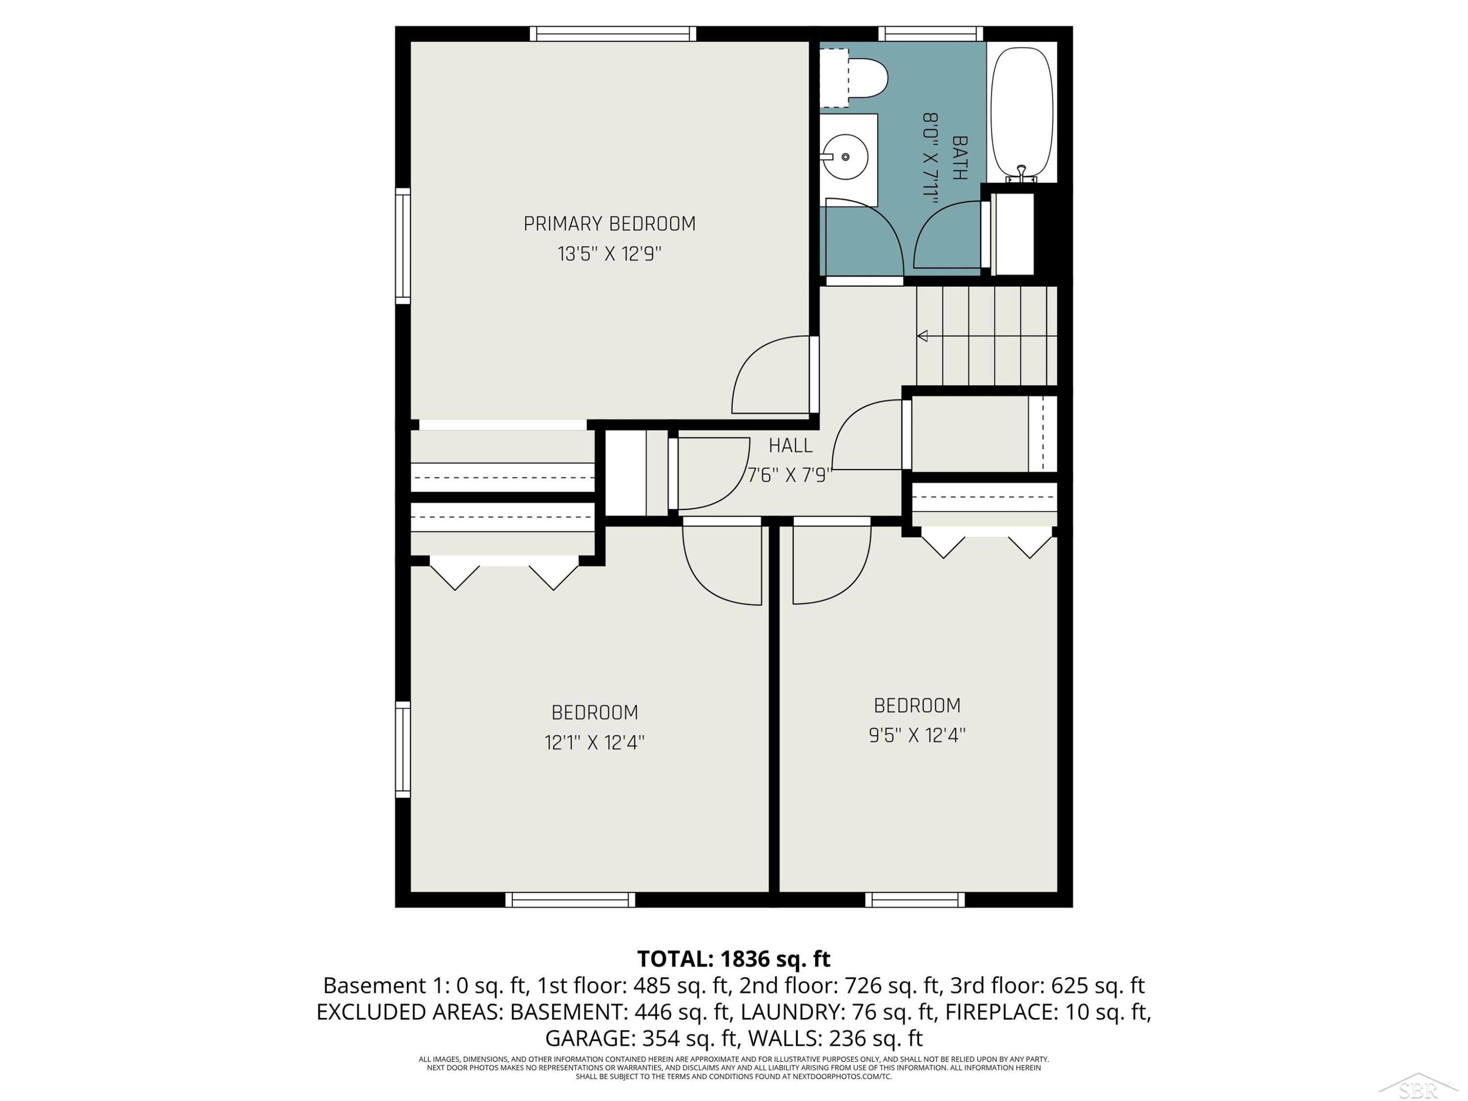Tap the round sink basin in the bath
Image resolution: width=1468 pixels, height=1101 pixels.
point(845,157)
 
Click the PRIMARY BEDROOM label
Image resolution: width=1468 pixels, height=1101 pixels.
point(609,224)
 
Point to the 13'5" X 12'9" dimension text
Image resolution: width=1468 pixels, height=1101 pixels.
point(609,254)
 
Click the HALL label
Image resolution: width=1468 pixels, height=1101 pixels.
point(790,445)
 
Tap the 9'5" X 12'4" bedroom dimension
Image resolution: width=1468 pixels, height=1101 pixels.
point(917,735)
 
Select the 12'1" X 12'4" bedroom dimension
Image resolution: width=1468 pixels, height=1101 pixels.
point(595,742)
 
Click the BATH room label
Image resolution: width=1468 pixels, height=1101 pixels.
point(960,158)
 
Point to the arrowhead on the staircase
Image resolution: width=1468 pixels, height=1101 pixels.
point(922,337)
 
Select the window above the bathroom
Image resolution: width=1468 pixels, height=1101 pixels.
point(931,34)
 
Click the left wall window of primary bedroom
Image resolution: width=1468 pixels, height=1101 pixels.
point(403,246)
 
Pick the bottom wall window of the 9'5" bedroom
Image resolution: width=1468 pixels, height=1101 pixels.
point(915,899)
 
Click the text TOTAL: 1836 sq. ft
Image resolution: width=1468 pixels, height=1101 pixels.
point(734,959)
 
